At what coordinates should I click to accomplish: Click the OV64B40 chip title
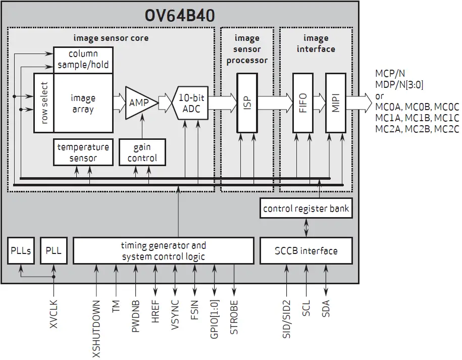pyautogui.click(x=179, y=15)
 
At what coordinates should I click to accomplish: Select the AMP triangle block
pyautogui.click(x=139, y=102)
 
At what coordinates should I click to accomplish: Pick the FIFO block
pyautogui.click(x=303, y=103)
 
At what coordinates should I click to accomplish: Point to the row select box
pyautogui.click(x=44, y=103)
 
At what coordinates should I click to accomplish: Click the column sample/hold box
pyautogui.click(x=83, y=60)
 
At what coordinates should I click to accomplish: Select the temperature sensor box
pyautogui.click(x=83, y=152)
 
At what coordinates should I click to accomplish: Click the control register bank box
pyautogui.click(x=306, y=208)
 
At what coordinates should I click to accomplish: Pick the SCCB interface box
pyautogui.click(x=306, y=250)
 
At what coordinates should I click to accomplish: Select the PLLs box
pyautogui.click(x=21, y=250)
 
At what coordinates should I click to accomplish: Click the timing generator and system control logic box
pyautogui.click(x=164, y=250)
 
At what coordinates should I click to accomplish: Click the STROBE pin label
pyautogui.click(x=234, y=316)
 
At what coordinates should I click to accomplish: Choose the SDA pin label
pyautogui.click(x=326, y=308)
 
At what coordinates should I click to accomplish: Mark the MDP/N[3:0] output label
pyautogui.click(x=399, y=85)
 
